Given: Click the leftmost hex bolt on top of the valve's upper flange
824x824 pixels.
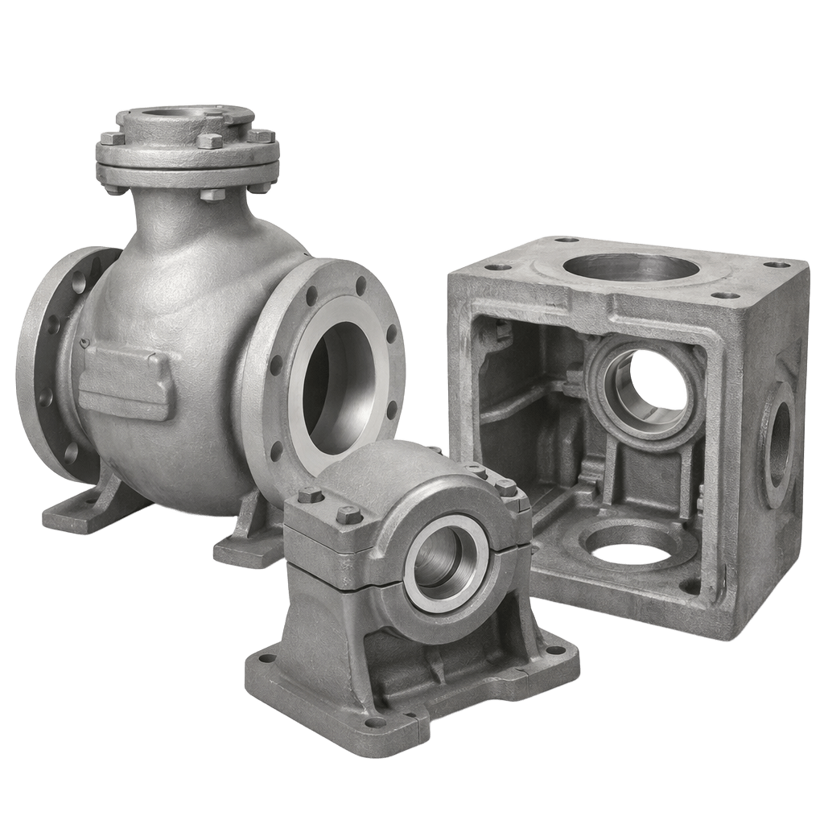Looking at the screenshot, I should tap(112, 138).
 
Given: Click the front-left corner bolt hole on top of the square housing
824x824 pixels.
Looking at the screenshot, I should tap(499, 266).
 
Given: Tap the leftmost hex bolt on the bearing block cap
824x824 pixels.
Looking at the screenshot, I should tap(310, 496).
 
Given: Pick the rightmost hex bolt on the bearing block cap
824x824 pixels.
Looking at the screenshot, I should tap(505, 487).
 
